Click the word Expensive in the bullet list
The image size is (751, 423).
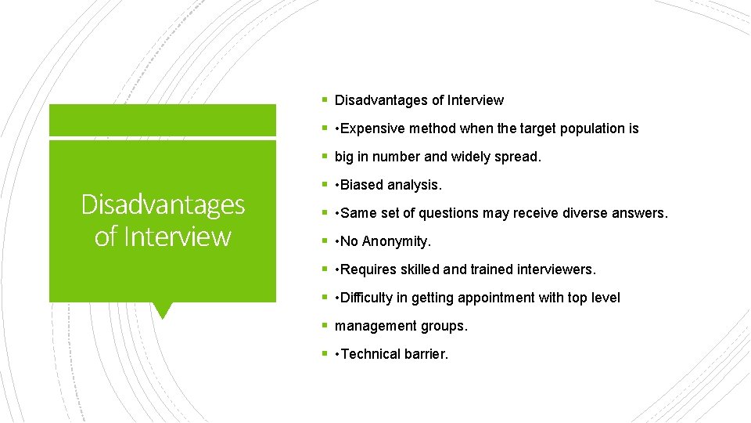[372, 128]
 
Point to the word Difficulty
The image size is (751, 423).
[367, 298]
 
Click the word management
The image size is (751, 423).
[372, 326]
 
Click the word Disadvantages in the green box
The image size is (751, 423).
[163, 204]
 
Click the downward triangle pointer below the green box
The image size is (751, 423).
[162, 310]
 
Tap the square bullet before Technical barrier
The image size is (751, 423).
[325, 354]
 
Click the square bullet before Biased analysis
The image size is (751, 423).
[325, 185]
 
